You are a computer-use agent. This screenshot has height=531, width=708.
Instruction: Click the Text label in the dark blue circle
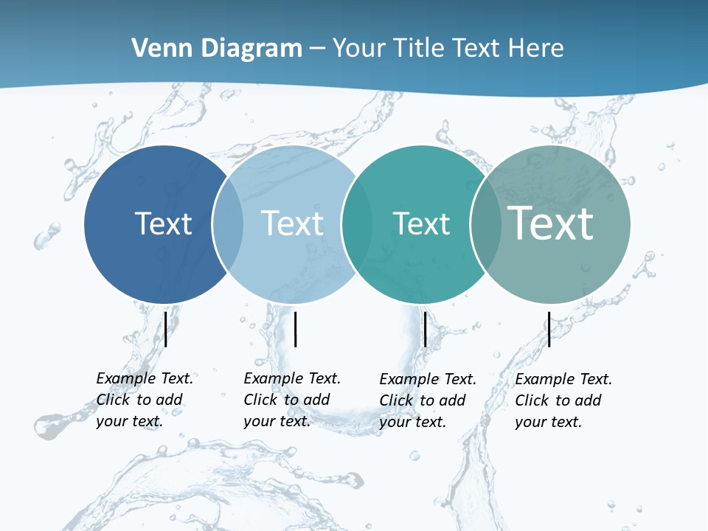point(163,223)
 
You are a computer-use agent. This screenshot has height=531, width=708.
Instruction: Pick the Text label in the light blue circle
point(293,223)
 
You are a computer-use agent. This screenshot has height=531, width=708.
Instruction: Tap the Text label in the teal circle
point(421,224)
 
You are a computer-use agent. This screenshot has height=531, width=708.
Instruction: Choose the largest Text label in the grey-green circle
point(551,223)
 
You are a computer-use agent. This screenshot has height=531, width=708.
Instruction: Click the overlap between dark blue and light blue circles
point(228,224)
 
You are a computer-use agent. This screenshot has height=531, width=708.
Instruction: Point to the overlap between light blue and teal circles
point(357,224)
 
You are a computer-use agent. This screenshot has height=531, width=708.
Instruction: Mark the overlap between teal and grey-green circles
point(485,224)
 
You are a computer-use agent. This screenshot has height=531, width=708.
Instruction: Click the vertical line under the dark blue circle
point(166,328)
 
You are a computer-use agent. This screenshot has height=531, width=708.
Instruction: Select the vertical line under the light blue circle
point(295,329)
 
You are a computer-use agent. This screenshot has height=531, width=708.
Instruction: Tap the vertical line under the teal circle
point(425,329)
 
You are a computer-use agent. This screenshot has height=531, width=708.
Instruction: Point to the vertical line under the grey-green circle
point(549,329)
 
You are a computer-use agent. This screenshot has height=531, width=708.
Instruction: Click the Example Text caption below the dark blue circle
point(145,399)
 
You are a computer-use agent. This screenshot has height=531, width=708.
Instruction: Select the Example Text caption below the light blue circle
point(292,399)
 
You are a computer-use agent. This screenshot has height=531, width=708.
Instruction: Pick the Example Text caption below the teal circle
point(428,400)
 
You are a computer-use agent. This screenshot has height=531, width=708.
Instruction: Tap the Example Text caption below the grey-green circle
point(563,400)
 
